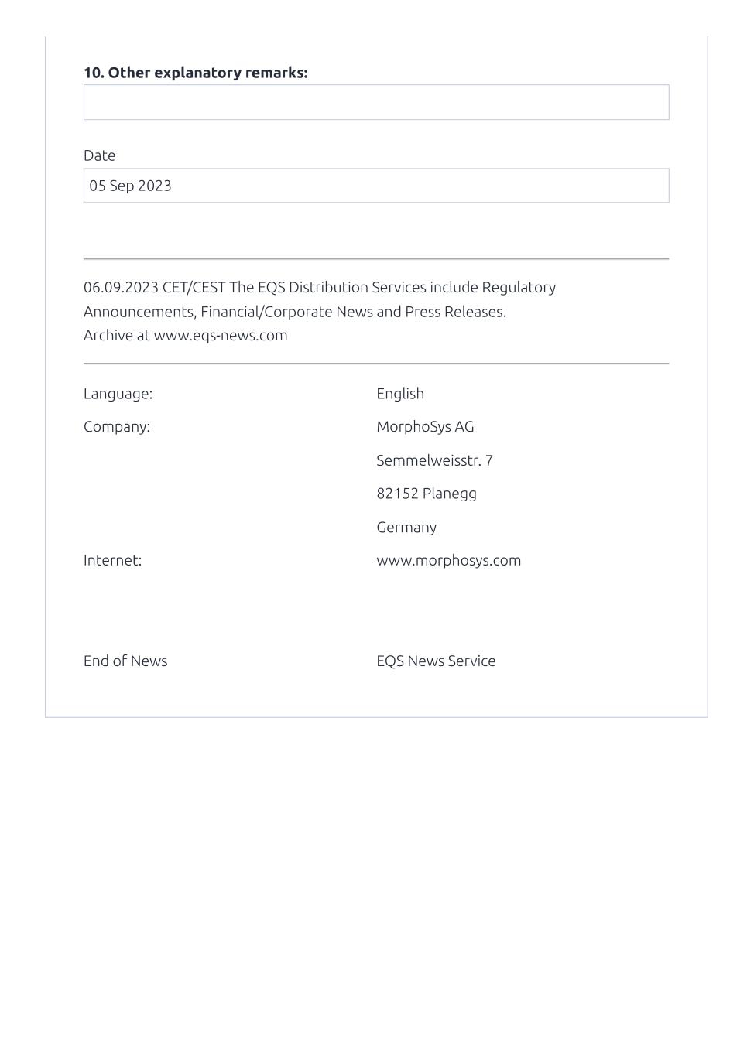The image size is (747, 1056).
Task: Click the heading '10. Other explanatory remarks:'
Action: [195, 73]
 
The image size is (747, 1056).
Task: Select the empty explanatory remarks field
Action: [376, 102]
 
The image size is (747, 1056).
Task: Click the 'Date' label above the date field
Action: [99, 155]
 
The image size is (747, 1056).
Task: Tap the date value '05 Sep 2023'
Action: [130, 186]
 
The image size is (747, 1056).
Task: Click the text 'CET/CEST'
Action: [194, 288]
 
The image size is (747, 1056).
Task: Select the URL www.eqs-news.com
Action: [221, 336]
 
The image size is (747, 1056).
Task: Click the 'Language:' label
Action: [118, 394]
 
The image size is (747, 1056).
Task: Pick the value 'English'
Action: [400, 394]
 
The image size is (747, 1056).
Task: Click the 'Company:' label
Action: [117, 427]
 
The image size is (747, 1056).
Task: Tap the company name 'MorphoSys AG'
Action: [425, 427]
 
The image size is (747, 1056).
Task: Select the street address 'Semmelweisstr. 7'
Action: [434, 461]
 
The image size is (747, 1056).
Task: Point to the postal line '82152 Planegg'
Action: [427, 494]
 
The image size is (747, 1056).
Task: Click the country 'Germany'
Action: [406, 528]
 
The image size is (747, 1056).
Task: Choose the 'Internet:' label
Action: [112, 561]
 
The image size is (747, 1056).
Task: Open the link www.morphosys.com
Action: [448, 561]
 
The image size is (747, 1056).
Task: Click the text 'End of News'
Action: [125, 661]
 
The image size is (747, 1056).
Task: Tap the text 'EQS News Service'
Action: [436, 661]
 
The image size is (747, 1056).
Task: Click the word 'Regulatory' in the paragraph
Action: [519, 288]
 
